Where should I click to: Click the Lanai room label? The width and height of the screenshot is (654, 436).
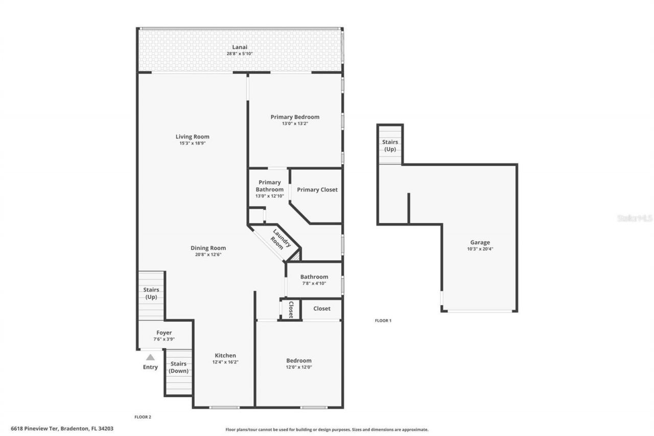pyautogui.click(x=240, y=47)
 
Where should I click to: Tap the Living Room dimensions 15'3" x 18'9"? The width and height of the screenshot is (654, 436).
pyautogui.click(x=192, y=144)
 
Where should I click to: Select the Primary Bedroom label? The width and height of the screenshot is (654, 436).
pyautogui.click(x=295, y=117)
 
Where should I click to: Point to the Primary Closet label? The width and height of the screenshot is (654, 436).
pyautogui.click(x=317, y=190)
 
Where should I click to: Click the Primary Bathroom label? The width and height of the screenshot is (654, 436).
pyautogui.click(x=270, y=186)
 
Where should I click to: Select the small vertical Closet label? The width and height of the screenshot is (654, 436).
pyautogui.click(x=291, y=309)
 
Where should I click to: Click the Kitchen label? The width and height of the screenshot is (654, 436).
pyautogui.click(x=225, y=355)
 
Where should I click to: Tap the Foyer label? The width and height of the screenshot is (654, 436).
pyautogui.click(x=164, y=333)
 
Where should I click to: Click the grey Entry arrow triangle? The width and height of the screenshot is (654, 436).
pyautogui.click(x=150, y=358)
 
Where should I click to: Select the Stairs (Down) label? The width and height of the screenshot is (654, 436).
pyautogui.click(x=178, y=367)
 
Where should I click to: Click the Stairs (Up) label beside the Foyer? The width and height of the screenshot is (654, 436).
pyautogui.click(x=151, y=293)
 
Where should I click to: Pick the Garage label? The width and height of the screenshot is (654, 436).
pyautogui.click(x=480, y=242)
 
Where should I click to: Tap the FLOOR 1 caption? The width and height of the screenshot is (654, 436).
pyautogui.click(x=383, y=320)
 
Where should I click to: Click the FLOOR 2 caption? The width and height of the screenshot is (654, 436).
pyautogui.click(x=143, y=417)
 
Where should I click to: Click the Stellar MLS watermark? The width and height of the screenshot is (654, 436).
pyautogui.click(x=635, y=218)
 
